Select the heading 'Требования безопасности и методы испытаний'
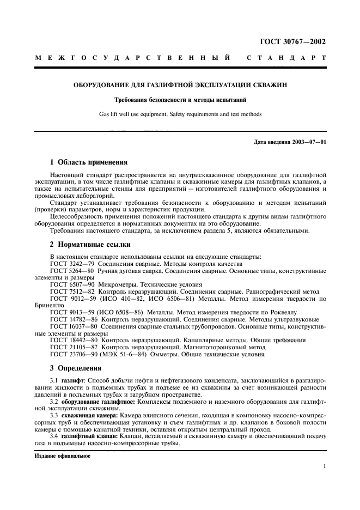(x=180, y=100)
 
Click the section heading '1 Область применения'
(x=89, y=162)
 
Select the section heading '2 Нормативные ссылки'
(x=88, y=245)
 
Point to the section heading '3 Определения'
(x=75, y=368)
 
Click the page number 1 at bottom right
(x=324, y=466)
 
